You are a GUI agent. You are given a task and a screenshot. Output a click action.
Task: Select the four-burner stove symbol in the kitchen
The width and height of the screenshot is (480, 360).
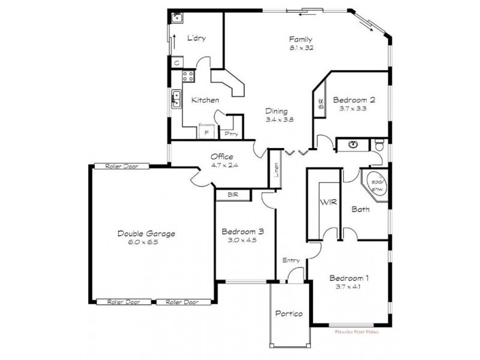coord(188,76)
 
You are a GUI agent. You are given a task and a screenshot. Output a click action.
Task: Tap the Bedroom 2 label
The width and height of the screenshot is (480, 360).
coord(354,100)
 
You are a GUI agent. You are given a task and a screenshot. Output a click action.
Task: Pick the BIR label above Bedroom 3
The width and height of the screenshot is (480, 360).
coord(233,195)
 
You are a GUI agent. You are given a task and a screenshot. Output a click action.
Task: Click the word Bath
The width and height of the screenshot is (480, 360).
coord(360,209)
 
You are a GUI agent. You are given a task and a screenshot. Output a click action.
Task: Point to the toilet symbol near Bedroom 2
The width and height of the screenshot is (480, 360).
coord(378,145)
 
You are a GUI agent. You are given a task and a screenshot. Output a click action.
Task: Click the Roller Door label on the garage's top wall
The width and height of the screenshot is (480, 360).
coord(118,166)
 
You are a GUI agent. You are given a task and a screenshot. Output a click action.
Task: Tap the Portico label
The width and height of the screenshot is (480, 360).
coord(289,314)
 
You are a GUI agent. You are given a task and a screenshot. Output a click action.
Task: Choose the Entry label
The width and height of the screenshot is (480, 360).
coord(292,260)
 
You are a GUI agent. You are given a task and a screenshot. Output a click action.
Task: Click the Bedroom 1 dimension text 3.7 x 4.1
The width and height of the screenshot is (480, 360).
coord(349,286)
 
